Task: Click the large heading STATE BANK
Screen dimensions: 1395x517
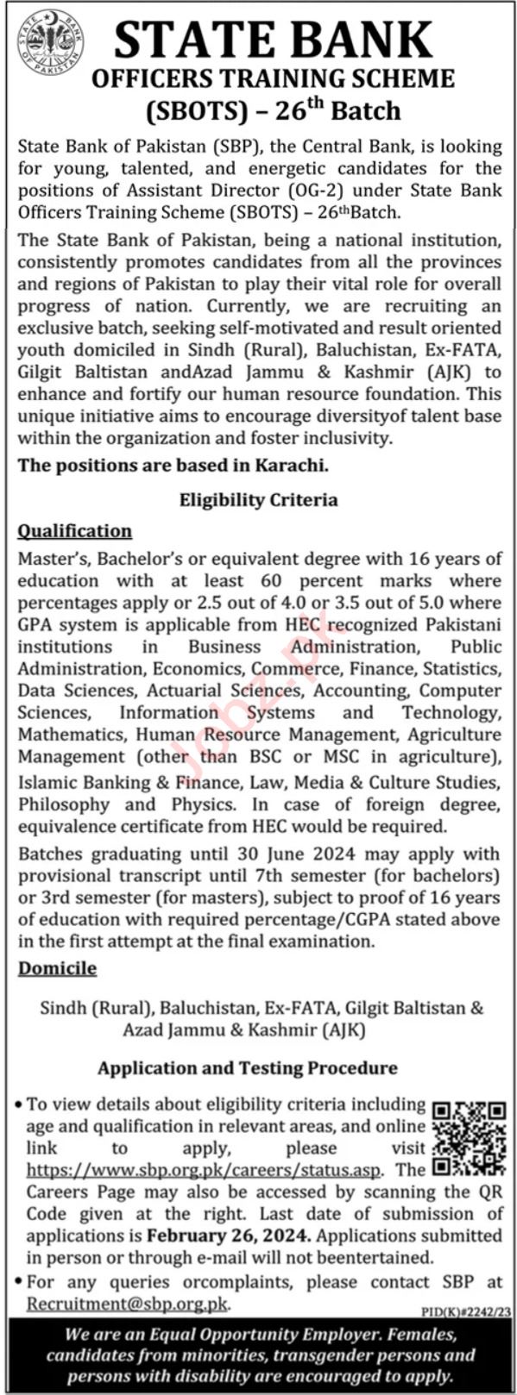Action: [x=273, y=40]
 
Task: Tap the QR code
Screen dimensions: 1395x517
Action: [x=468, y=1139]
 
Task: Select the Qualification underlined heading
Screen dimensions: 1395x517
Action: [x=75, y=531]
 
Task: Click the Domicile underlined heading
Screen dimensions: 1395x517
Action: [x=57, y=968]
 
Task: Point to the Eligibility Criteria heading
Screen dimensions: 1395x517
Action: [x=258, y=500]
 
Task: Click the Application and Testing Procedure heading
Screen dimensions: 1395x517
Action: [x=247, y=1068]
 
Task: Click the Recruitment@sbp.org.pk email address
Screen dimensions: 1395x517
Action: [x=128, y=1304]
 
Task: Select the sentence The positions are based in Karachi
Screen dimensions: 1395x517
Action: [x=173, y=465]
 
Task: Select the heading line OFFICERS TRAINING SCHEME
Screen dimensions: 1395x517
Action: [x=273, y=79]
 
